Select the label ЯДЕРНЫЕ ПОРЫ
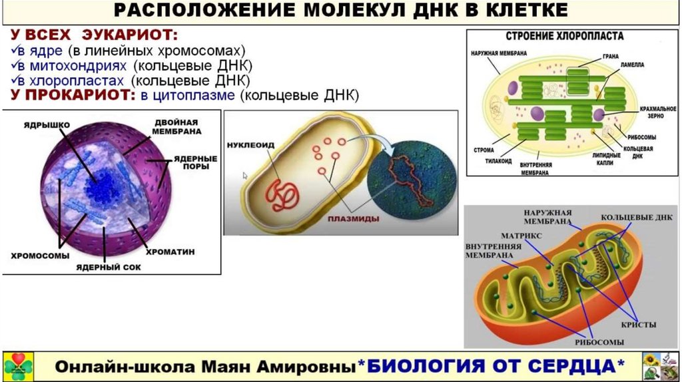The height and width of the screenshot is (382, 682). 196,163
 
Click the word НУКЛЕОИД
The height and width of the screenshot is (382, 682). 250,144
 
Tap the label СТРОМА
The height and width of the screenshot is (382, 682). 484,150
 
